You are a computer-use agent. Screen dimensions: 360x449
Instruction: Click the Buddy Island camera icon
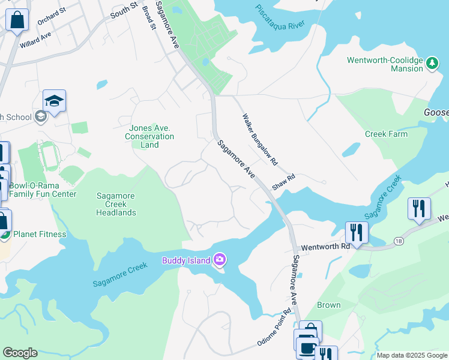click(x=220, y=259)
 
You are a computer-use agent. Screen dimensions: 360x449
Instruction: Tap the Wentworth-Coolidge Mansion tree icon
click(x=432, y=62)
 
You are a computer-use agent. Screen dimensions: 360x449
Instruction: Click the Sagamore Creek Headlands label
click(x=116, y=204)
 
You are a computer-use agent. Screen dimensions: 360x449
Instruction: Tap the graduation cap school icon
click(x=54, y=101)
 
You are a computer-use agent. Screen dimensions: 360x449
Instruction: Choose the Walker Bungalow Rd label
click(x=260, y=140)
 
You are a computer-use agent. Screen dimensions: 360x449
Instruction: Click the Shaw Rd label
click(x=284, y=182)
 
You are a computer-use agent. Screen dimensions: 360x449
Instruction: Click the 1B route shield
click(x=398, y=241)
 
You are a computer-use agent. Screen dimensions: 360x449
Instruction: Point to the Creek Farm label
click(x=386, y=134)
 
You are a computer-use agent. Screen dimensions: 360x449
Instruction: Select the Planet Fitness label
click(x=40, y=234)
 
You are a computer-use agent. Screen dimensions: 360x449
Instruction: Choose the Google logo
click(x=20, y=353)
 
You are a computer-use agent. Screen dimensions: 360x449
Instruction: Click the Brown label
click(x=329, y=305)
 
